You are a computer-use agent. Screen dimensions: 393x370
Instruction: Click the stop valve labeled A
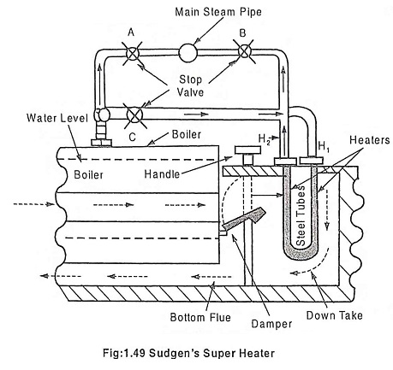pyautogui.click(x=132, y=53)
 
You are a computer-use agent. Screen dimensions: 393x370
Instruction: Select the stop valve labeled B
pyautogui.click(x=244, y=51)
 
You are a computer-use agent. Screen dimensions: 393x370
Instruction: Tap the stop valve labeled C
pyautogui.click(x=134, y=115)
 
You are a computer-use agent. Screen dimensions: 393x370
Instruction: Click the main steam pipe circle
pyautogui.click(x=188, y=53)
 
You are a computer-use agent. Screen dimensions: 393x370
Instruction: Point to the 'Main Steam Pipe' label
pyautogui.click(x=218, y=12)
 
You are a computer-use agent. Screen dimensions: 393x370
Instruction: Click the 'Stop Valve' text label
pyautogui.click(x=190, y=85)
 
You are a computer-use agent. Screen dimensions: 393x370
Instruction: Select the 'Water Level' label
pyautogui.click(x=57, y=118)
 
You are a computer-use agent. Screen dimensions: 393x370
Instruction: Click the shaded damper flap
pyautogui.click(x=243, y=220)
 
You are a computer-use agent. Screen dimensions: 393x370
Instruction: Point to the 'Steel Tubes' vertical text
pyautogui.click(x=301, y=215)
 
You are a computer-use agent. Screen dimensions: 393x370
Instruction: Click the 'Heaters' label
pyautogui.click(x=370, y=140)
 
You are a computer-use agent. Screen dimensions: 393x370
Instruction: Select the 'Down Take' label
pyautogui.click(x=334, y=315)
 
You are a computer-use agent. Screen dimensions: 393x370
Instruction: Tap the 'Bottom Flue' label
pyautogui.click(x=200, y=317)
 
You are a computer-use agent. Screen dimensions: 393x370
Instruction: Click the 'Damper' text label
pyautogui.click(x=271, y=324)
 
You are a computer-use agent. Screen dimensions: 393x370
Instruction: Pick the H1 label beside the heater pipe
pyautogui.click(x=324, y=147)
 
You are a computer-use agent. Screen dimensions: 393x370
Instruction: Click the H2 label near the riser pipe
pyautogui.click(x=264, y=139)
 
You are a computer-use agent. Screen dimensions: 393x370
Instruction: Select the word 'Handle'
pyautogui.click(x=162, y=174)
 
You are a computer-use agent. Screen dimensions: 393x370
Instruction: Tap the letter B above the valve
pyautogui.click(x=242, y=33)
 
